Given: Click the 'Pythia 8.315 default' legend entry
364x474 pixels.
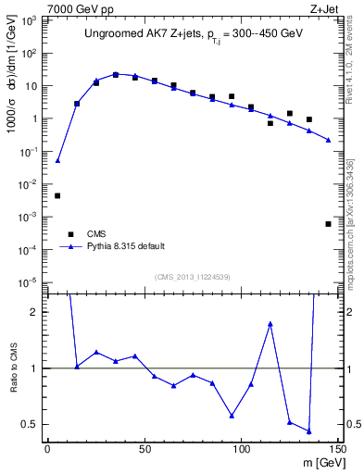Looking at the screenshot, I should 125,246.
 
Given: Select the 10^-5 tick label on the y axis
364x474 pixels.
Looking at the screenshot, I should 30,282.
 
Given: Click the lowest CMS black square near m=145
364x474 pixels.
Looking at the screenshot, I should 328,224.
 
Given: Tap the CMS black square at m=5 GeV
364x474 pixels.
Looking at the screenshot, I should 57,195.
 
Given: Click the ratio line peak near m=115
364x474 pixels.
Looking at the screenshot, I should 270,324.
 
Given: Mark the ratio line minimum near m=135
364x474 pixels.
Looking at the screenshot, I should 308,431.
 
